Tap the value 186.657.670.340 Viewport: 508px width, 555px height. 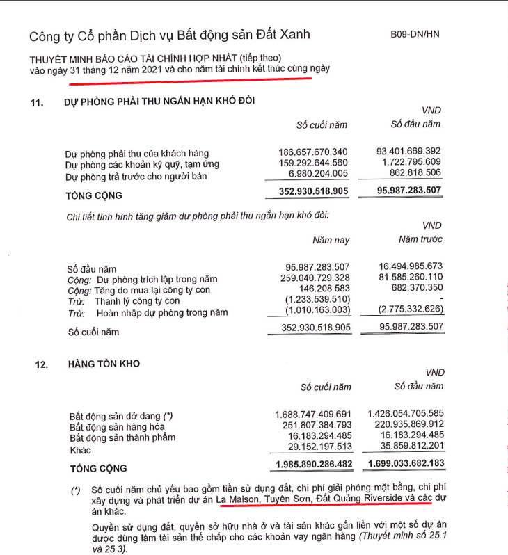(312, 152)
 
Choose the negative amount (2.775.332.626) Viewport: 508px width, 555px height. (411, 312)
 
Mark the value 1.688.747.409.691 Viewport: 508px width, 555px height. (310, 415)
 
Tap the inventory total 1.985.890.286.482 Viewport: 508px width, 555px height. (310, 463)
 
